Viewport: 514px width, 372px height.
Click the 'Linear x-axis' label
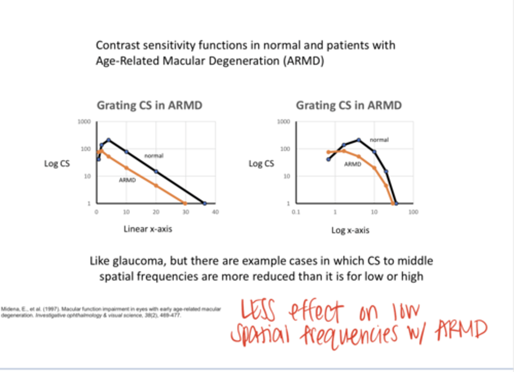(x=148, y=229)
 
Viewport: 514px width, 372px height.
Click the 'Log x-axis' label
(x=350, y=230)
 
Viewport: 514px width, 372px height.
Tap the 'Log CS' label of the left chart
(x=57, y=164)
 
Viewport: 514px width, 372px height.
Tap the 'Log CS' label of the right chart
(x=261, y=164)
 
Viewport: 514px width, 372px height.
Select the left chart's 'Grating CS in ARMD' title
(x=150, y=105)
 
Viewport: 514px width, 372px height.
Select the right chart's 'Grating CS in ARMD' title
(x=349, y=105)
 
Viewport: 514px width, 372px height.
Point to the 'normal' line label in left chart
(x=154, y=156)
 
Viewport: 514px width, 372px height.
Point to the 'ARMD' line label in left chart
(x=127, y=180)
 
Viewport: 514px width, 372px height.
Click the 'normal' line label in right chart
(x=379, y=140)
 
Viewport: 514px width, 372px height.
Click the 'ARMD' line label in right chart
(x=353, y=164)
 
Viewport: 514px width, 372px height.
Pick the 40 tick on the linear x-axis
(x=215, y=212)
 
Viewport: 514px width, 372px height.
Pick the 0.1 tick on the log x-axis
(x=296, y=212)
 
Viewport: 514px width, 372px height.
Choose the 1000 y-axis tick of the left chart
(x=84, y=122)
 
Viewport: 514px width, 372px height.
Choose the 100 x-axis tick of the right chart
(x=413, y=212)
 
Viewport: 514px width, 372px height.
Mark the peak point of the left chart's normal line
(x=109, y=140)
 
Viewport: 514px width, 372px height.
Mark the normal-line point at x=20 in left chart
(x=156, y=171)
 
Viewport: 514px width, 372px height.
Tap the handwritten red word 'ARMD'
(x=461, y=330)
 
